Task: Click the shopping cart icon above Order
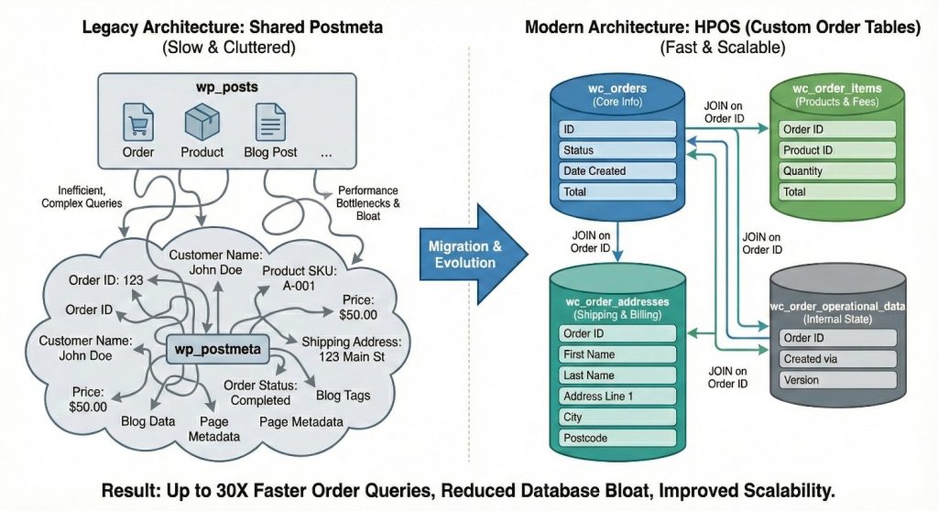138,122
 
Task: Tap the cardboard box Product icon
202,121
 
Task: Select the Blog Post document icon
270,122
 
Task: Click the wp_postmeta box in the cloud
218,349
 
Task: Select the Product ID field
837,150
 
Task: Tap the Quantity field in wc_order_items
837,171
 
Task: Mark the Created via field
837,359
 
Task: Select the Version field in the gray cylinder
837,380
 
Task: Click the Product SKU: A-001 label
300,278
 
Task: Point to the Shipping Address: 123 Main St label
352,350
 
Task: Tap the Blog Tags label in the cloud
343,396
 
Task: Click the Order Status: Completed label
260,393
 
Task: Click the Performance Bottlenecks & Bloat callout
368,203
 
